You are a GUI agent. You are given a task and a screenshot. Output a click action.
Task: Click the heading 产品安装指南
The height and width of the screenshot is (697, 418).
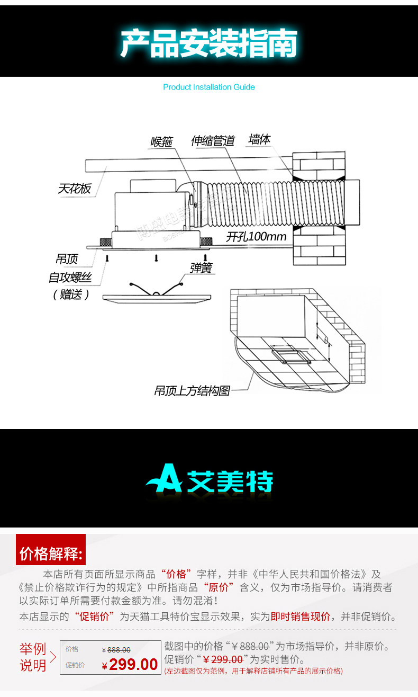point(208,44)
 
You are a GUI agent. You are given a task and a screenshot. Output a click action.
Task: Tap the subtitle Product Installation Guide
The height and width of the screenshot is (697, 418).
point(208,87)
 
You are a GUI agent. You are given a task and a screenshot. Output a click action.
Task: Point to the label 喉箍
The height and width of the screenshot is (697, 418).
point(161,142)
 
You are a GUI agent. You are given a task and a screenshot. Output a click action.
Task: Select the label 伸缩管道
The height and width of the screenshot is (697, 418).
point(213,141)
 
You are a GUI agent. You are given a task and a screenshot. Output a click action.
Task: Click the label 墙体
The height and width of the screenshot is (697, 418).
point(259,140)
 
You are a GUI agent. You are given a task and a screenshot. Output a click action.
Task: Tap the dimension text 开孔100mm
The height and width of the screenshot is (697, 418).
point(256,237)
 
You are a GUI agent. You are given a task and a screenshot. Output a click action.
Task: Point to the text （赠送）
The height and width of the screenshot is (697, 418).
point(70,294)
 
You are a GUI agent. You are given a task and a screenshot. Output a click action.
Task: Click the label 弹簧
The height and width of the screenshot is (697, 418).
point(201,268)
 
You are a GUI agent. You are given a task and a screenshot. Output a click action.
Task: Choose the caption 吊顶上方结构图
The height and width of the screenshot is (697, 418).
point(192,391)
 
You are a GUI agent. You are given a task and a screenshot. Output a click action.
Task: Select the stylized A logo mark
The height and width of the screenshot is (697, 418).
point(164,479)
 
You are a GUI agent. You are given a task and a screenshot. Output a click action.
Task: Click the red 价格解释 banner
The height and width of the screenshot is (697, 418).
point(51,555)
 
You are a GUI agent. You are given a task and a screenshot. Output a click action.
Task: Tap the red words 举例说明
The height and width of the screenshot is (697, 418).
point(33,657)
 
